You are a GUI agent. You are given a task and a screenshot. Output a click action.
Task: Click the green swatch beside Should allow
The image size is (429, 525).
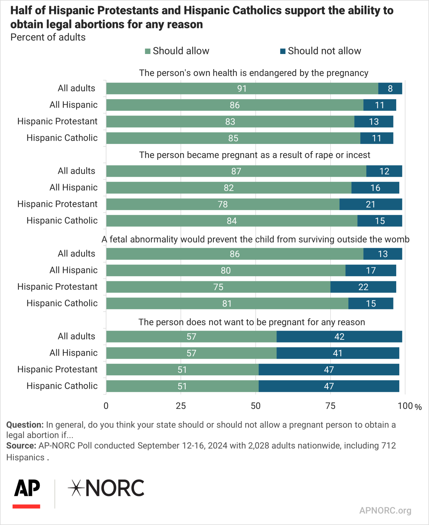148,51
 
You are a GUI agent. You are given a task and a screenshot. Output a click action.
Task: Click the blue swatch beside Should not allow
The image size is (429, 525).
283,51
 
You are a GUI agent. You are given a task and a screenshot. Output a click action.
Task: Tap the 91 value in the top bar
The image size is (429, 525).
242,89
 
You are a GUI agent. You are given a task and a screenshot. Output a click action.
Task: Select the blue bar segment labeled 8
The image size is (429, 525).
390,89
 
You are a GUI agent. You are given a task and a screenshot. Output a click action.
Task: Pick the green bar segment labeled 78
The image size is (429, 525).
223,204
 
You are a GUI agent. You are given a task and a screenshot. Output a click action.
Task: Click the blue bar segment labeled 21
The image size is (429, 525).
371,204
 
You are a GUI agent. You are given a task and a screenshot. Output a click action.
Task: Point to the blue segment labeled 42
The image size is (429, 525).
339,337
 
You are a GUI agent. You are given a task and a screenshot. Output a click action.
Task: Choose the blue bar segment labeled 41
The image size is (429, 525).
337,353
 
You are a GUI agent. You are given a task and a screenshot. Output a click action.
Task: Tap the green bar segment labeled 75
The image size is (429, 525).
218,287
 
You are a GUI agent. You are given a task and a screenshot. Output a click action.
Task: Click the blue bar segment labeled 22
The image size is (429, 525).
363,287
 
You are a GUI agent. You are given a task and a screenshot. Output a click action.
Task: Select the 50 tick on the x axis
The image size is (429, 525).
256,406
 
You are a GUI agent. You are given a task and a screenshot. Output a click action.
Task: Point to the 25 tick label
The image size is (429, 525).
181,406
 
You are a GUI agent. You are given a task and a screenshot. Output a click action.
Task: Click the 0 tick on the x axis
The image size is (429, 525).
106,406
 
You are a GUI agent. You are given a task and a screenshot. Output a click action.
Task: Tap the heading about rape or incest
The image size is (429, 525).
254,155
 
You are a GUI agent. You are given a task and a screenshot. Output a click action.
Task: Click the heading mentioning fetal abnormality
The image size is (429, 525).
255,239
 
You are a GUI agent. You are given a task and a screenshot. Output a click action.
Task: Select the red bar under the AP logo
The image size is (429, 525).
26,506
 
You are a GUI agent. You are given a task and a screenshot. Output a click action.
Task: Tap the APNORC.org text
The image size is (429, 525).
385,510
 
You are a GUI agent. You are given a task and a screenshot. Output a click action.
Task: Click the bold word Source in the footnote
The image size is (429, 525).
21,446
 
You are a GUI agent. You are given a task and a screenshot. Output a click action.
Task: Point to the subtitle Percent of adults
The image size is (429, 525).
48,37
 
